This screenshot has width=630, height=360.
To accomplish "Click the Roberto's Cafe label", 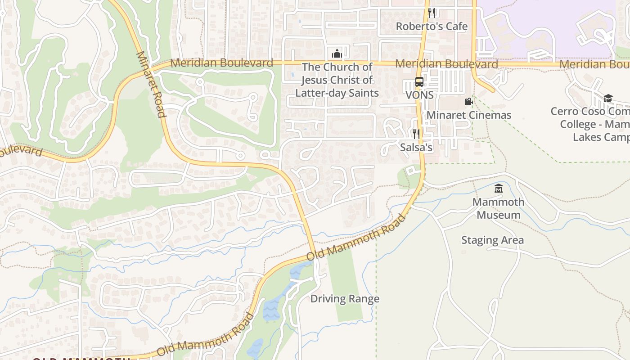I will pyautogui.click(x=432, y=27).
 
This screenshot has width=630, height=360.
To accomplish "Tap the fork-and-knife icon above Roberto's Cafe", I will pyautogui.click(x=432, y=13).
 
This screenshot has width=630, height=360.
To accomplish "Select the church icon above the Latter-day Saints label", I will pyautogui.click(x=337, y=54).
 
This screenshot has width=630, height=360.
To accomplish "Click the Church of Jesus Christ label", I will pyautogui.click(x=337, y=80).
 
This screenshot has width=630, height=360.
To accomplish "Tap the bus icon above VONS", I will pyautogui.click(x=419, y=82).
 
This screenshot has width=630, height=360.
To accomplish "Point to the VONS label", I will pyautogui.click(x=419, y=95).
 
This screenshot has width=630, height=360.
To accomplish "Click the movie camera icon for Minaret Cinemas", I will pyautogui.click(x=468, y=102).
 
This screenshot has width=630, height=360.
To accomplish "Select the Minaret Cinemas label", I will pyautogui.click(x=468, y=115).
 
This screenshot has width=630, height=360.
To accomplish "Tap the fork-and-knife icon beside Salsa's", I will pyautogui.click(x=416, y=134).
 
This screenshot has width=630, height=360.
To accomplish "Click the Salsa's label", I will pyautogui.click(x=416, y=147).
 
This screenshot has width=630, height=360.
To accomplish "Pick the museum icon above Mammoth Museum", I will pyautogui.click(x=498, y=189).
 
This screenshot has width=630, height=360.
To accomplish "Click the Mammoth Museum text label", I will pyautogui.click(x=498, y=208).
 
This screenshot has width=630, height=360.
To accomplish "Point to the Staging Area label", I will pyautogui.click(x=492, y=240).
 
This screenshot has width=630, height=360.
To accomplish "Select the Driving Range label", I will pyautogui.click(x=345, y=299).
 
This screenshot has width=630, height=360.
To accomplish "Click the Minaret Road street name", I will pyautogui.click(x=151, y=84).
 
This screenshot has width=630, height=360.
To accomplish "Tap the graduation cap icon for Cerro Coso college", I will pyautogui.click(x=608, y=98).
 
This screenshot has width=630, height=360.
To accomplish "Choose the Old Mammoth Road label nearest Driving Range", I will pyautogui.click(x=356, y=238).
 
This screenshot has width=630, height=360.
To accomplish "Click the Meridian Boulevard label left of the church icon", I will pyautogui.click(x=221, y=63).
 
